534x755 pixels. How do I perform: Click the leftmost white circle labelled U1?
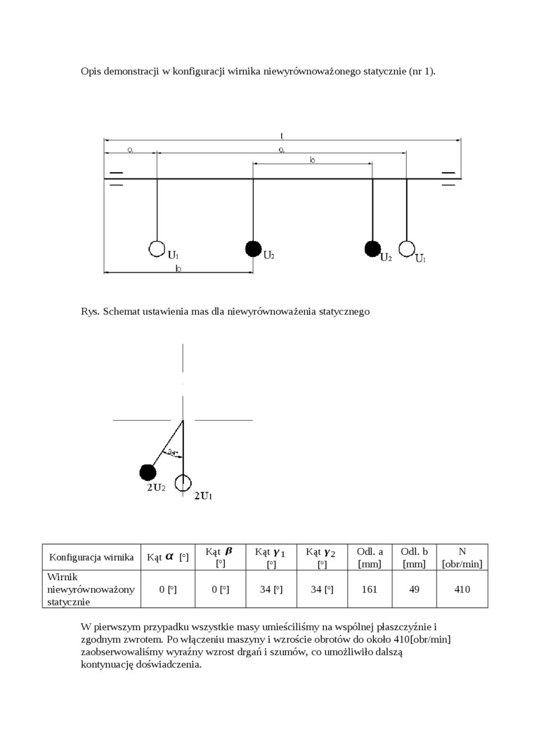point(157,249)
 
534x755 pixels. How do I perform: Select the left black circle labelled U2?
point(253,249)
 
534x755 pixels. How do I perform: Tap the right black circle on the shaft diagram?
point(372,249)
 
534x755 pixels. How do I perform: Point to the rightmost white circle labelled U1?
point(406,249)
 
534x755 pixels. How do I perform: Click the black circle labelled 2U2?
point(148,471)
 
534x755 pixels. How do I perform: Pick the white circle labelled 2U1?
point(183,482)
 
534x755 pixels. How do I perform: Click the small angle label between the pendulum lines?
point(171,452)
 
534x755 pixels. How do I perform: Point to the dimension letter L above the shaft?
point(282,135)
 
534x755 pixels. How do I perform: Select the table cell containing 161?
point(370,589)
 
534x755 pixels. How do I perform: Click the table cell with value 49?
point(415,589)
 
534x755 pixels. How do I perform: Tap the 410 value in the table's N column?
point(462,589)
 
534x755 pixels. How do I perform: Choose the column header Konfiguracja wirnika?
point(91,557)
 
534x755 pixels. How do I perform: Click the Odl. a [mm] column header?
point(370,557)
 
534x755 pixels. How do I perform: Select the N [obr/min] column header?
point(462,557)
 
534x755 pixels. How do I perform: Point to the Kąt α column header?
point(167,557)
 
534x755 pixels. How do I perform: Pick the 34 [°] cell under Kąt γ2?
point(322,589)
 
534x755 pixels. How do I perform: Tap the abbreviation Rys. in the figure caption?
point(91,310)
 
